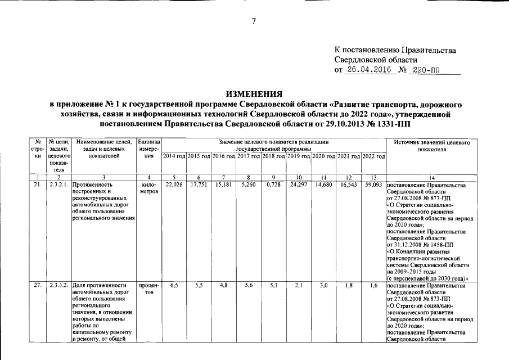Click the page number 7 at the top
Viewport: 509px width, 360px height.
coord(254,22)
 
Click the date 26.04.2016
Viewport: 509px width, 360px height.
coord(369,71)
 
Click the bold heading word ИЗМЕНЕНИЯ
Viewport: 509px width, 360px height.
coord(254,93)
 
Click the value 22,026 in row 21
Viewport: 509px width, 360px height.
coord(174,184)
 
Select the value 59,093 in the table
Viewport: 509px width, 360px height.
coord(373,184)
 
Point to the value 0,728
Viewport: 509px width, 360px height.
coord(273,184)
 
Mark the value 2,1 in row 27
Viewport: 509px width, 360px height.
coord(299,286)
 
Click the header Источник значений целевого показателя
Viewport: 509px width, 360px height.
coord(431,146)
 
